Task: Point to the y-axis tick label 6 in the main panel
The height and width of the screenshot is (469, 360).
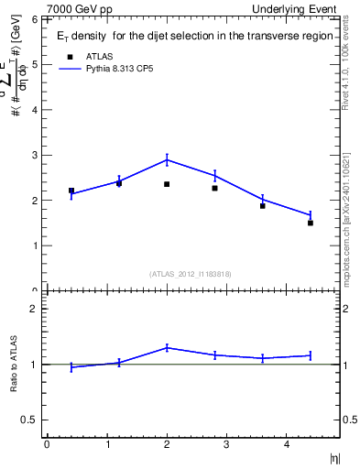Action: pyautogui.click(x=36, y=19)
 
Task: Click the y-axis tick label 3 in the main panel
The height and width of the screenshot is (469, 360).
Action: pyautogui.click(x=36, y=155)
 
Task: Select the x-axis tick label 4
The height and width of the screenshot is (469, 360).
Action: pyautogui.click(x=287, y=444)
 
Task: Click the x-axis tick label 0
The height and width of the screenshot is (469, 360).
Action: pyautogui.click(x=47, y=444)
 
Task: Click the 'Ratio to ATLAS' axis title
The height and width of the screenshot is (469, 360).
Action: pyautogui.click(x=15, y=364)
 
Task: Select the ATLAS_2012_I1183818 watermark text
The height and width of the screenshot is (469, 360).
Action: pyautogui.click(x=191, y=273)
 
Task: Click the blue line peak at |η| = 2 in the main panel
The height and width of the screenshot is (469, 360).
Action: pyautogui.click(x=167, y=159)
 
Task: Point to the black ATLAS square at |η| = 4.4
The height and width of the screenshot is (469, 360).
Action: pyautogui.click(x=311, y=223)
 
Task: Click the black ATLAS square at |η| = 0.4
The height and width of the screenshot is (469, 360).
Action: pyautogui.click(x=71, y=191)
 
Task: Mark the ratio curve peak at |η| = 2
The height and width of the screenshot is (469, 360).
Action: pyautogui.click(x=167, y=347)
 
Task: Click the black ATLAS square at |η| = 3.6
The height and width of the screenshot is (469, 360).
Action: pyautogui.click(x=263, y=206)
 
